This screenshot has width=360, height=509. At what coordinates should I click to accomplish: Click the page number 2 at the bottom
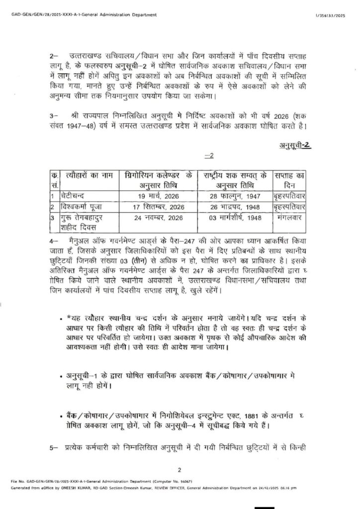click(180, 470)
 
